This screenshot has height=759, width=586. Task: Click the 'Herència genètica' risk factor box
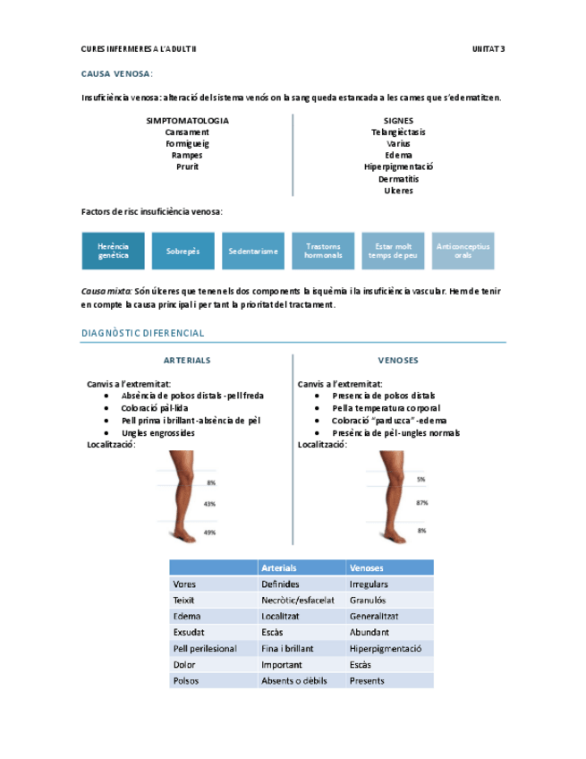(x=113, y=251)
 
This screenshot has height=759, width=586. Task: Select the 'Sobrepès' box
(x=183, y=251)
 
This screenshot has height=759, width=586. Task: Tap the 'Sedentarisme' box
(x=253, y=251)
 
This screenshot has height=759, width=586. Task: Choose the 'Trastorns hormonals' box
(x=323, y=251)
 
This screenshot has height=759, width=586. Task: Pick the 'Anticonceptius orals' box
(x=463, y=251)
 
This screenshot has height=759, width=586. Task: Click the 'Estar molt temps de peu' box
(x=393, y=251)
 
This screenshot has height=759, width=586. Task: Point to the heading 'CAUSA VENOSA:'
(x=117, y=73)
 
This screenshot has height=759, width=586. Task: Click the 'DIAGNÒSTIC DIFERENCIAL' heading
(x=142, y=333)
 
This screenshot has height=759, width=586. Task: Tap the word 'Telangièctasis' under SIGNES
(x=398, y=132)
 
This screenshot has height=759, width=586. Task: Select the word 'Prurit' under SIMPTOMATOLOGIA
(x=187, y=166)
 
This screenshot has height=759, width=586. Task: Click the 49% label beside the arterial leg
(x=210, y=533)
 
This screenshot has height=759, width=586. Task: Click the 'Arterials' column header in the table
(x=279, y=567)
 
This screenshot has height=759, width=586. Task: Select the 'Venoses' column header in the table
(x=367, y=567)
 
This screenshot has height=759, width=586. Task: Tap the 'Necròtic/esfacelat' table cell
(x=298, y=600)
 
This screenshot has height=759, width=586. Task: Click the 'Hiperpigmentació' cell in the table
(x=386, y=648)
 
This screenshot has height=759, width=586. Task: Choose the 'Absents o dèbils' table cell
(x=293, y=680)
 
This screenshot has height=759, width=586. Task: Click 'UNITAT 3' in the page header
(x=488, y=48)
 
